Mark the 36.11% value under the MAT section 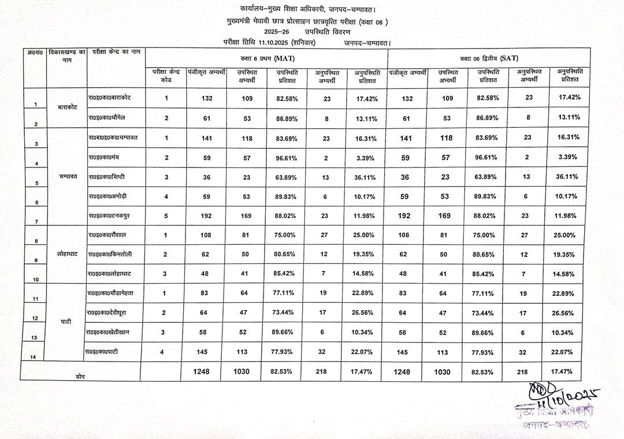click(x=366, y=177)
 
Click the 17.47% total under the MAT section click(x=366, y=372)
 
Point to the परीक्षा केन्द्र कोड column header click(x=166, y=76)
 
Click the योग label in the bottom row click(x=80, y=375)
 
